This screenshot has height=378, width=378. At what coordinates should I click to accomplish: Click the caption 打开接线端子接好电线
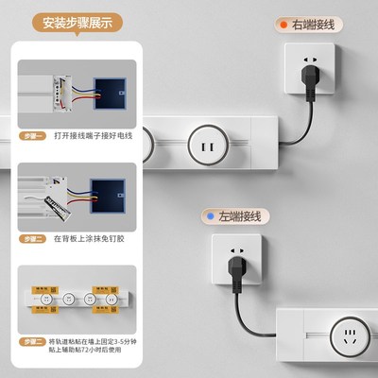[92, 135]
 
